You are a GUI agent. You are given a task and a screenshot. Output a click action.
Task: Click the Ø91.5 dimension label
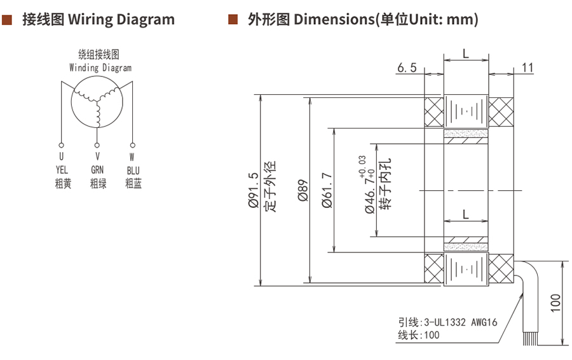coord(253,191)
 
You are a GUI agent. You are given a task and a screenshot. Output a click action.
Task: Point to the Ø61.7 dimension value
coord(327,191)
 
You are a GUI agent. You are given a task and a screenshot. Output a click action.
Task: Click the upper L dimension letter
coord(466,54)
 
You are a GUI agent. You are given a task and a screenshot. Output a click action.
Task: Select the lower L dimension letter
coord(466,215)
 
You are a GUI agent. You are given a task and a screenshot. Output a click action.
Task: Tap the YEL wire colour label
coord(62,170)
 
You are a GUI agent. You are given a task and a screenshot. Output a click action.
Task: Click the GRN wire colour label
coord(97,170)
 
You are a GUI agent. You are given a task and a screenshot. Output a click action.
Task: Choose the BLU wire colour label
coord(133,170)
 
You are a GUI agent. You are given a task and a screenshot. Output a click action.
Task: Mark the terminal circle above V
coord(97,145)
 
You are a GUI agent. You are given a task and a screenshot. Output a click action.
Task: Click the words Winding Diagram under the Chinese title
coord(100,67)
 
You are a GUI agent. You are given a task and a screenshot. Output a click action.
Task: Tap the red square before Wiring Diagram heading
coord(8,20)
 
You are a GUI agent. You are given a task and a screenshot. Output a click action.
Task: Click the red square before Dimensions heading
coord(233,20)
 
